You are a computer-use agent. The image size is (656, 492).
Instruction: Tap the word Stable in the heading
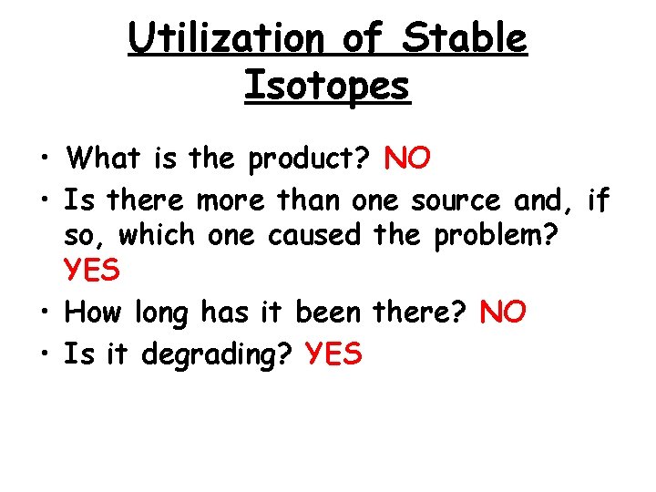pyautogui.click(x=465, y=38)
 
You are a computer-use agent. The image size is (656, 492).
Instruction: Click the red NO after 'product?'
pyautogui.click(x=408, y=159)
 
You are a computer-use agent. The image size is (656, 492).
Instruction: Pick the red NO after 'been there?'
pyautogui.click(x=502, y=313)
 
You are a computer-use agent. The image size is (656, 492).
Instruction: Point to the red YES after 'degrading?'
pyautogui.click(x=335, y=354)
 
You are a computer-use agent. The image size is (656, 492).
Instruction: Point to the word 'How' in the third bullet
pyautogui.click(x=94, y=313)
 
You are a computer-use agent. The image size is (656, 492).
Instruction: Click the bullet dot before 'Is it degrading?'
pyautogui.click(x=43, y=355)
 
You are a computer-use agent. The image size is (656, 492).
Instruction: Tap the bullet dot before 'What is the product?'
pyautogui.click(x=43, y=161)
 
